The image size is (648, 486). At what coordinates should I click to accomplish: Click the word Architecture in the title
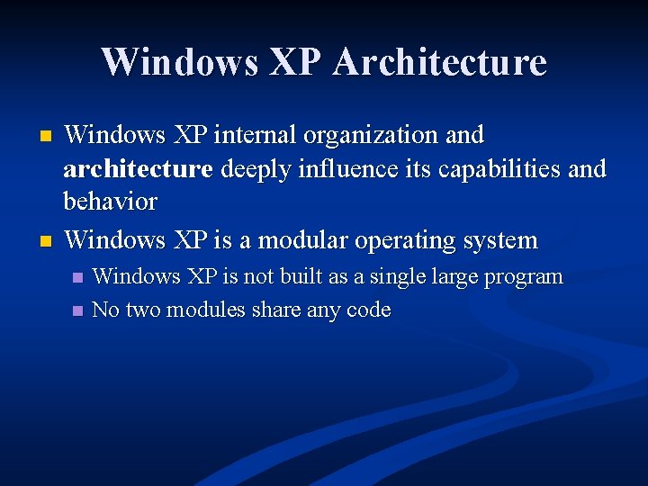pyautogui.click(x=439, y=62)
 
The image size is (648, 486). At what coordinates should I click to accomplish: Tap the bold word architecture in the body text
pyautogui.click(x=138, y=167)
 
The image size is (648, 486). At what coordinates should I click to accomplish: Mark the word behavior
pyautogui.click(x=110, y=201)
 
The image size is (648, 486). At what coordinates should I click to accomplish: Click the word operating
pyautogui.click(x=408, y=241)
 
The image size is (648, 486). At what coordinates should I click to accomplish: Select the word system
pyautogui.click(x=502, y=241)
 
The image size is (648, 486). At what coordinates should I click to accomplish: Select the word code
pyautogui.click(x=369, y=310)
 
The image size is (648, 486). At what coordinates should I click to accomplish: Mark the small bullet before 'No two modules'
pyautogui.click(x=77, y=310)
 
